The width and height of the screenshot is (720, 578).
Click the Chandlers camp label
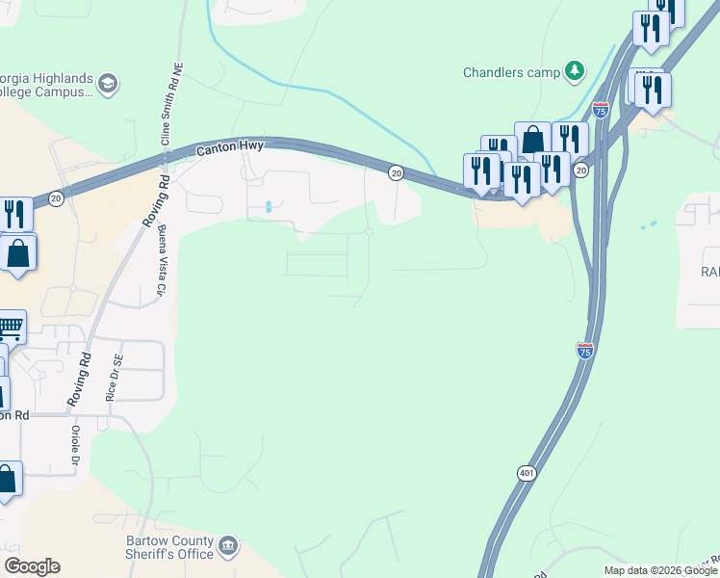pos(510,72)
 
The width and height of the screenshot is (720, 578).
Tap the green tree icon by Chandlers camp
pos(575,70)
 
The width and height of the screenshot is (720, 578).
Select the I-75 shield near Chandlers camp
pos(601,109)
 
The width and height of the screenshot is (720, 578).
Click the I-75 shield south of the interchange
pos(585,351)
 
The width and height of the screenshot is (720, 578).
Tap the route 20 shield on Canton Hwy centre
pos(396,172)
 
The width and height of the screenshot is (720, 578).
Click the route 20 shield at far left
pos(56,197)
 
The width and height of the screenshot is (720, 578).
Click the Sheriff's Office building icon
pos(229,547)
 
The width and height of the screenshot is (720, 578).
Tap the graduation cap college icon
pos(108,86)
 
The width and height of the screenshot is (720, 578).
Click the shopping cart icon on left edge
pos(10,327)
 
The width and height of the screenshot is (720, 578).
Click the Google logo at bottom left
pos(32,566)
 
